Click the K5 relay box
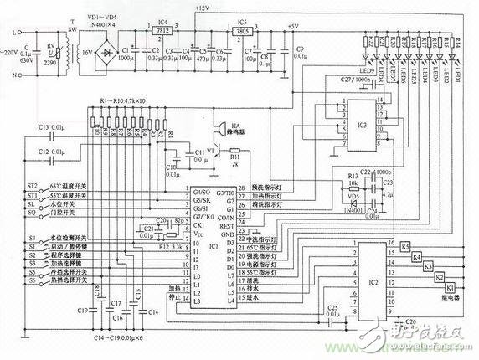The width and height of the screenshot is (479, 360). click(x=405, y=246)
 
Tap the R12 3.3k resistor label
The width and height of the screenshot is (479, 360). click(x=161, y=247)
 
